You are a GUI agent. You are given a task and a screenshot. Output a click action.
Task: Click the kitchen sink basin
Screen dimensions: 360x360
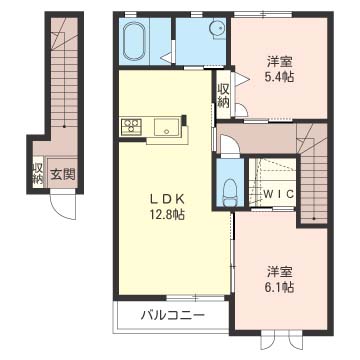[x=166, y=127]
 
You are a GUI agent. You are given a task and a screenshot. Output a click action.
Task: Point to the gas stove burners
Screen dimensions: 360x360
[x=130, y=126]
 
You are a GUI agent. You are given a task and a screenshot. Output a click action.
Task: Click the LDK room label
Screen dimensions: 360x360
[x=166, y=196]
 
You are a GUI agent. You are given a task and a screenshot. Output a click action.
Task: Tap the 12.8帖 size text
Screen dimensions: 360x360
[x=166, y=213]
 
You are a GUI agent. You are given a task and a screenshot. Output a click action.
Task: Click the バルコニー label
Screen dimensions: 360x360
[x=171, y=316]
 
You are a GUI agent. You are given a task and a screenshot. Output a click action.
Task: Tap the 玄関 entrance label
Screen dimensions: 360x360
[x=64, y=174]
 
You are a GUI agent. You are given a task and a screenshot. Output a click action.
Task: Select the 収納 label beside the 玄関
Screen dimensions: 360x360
[x=38, y=173]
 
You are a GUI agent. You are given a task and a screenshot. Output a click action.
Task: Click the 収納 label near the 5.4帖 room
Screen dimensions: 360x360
[x=222, y=95]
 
